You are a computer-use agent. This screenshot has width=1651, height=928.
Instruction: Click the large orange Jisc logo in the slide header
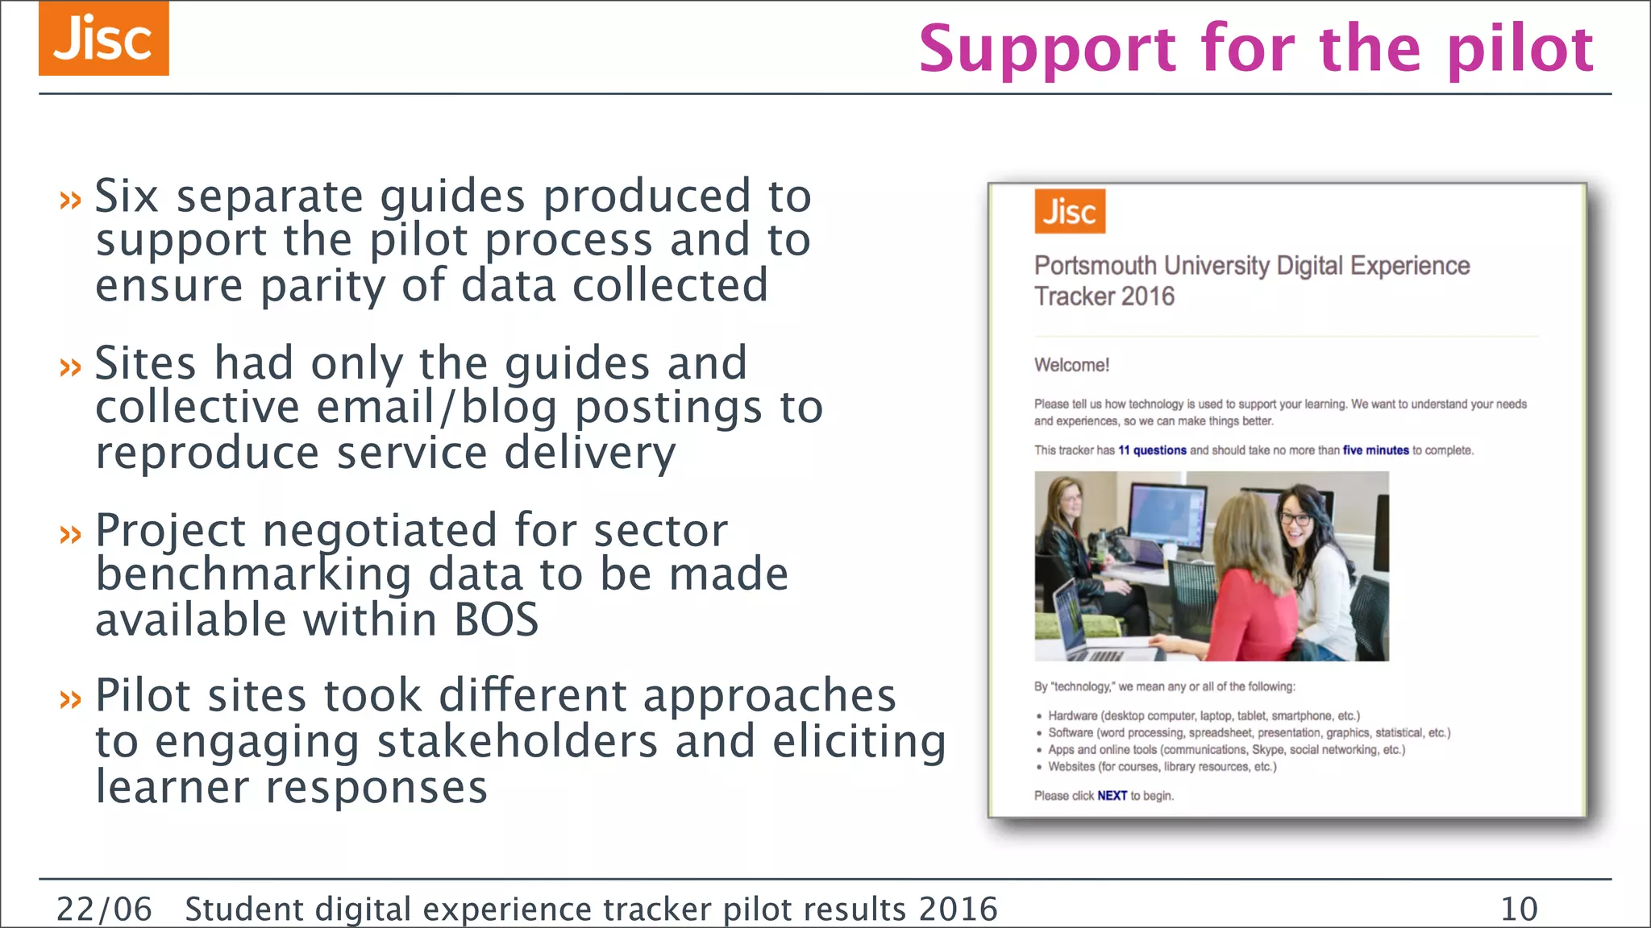tap(103, 39)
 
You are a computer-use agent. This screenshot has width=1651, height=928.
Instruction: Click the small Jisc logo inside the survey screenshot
tap(1070, 212)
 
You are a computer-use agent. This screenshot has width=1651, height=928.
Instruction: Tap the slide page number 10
tap(1519, 909)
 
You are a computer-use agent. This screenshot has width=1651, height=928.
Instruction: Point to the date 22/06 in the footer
tap(104, 909)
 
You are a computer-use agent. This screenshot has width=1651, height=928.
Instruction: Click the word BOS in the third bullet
tap(496, 620)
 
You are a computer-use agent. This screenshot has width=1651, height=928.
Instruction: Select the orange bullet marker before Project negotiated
tap(71, 533)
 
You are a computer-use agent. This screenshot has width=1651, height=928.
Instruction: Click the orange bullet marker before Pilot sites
tap(71, 698)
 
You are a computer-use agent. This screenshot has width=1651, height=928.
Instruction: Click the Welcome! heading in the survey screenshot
tap(1071, 365)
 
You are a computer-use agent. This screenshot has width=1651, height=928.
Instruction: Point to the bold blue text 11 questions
tap(1152, 450)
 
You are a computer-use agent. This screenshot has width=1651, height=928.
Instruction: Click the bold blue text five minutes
tap(1375, 450)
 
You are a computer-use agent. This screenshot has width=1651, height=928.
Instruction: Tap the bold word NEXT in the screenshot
tap(1112, 796)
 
